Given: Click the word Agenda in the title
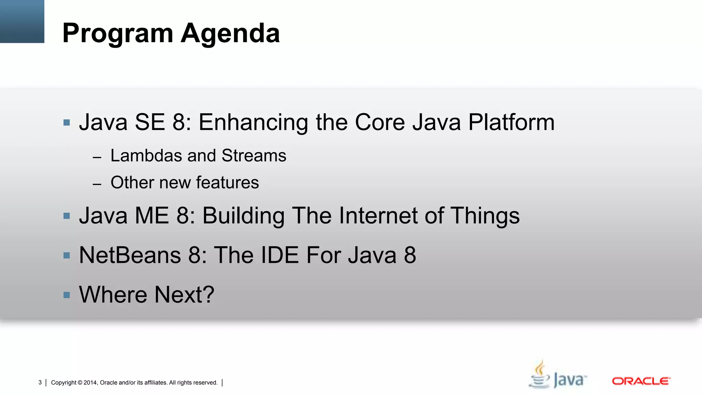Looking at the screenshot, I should pos(230,34).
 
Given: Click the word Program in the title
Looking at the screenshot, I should pos(118,34).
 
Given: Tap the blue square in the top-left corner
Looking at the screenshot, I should pos(22,21).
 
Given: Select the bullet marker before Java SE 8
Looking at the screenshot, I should pos(67,123).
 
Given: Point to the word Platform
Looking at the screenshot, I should pos(511,122).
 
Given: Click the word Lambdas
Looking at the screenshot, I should pos(146,156).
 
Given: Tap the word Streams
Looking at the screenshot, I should pos(254,156).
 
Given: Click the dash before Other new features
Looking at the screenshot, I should pos(97,184).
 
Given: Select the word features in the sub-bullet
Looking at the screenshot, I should pos(227,182).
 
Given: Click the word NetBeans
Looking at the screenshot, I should pos(130,255).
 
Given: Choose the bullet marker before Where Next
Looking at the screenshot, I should pos(67,295).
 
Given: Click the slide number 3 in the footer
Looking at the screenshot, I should pos(40,383).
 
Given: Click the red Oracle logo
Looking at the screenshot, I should pos(641,381).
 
